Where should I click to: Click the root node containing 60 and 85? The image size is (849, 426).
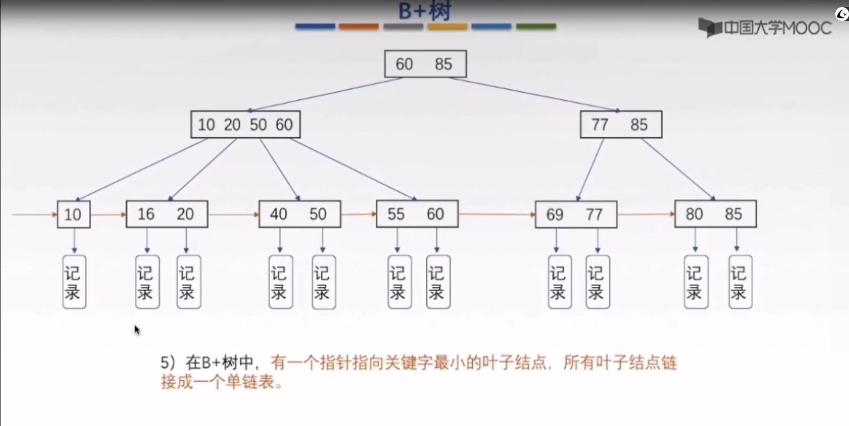click(x=425, y=64)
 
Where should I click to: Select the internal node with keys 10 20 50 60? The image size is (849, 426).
click(x=246, y=124)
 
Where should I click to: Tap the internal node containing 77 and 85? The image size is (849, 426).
click(x=621, y=124)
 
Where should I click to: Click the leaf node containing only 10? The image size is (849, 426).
click(x=74, y=214)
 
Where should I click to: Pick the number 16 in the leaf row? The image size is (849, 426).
click(x=146, y=214)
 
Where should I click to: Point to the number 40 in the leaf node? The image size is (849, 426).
click(x=278, y=214)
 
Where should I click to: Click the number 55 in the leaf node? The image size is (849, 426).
click(x=396, y=214)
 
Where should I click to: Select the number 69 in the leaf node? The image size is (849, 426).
click(x=554, y=215)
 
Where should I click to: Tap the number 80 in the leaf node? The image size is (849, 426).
click(x=694, y=214)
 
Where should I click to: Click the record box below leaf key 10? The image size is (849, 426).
click(x=74, y=282)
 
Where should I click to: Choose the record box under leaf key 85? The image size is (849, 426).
click(x=740, y=282)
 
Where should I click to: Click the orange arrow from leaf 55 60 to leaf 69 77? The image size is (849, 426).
click(x=496, y=214)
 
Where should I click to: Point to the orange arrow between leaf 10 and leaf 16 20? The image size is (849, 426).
click(x=108, y=215)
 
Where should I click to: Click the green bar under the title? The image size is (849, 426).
click(x=536, y=27)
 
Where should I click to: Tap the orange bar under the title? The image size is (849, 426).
click(x=359, y=27)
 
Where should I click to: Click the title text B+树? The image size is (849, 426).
click(x=425, y=11)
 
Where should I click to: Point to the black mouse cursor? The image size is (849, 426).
click(x=137, y=330)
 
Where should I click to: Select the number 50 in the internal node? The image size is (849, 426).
click(x=258, y=124)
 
